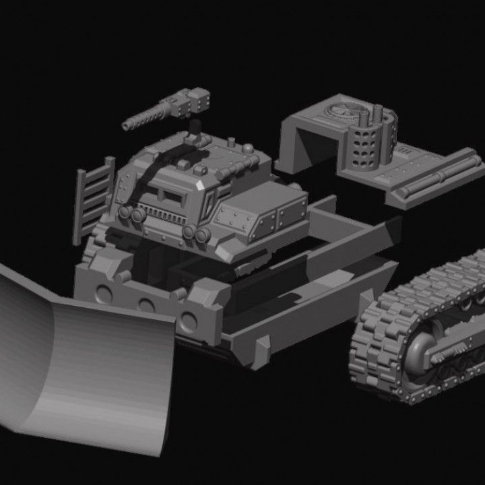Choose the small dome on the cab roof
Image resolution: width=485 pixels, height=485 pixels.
(248, 148)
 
